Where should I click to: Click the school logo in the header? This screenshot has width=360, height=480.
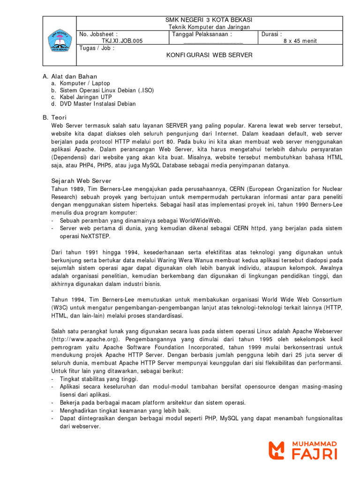(x=59, y=41)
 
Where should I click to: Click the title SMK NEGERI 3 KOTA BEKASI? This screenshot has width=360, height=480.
(x=209, y=20)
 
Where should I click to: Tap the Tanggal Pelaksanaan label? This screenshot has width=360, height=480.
(x=202, y=34)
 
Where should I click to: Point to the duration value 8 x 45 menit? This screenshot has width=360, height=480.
(x=300, y=41)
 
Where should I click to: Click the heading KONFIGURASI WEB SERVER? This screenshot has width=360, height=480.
(x=209, y=55)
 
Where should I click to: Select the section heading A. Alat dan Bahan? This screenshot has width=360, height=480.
(x=70, y=76)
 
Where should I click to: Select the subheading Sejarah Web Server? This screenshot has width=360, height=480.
(x=81, y=180)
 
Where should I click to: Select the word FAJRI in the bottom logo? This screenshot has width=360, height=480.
(x=314, y=454)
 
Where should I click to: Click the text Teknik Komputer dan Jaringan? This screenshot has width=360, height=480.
(x=209, y=27)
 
